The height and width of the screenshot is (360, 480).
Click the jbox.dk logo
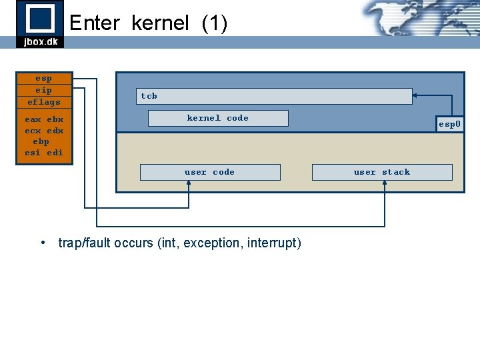(40, 24)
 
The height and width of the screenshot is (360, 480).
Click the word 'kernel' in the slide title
(161, 24)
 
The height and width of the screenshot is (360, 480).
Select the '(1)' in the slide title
(214, 24)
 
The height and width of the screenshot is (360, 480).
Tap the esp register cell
(44, 78)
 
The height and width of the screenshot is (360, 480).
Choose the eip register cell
(44, 90)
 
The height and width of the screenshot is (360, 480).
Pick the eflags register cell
(44, 102)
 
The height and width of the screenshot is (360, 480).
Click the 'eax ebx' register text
(44, 120)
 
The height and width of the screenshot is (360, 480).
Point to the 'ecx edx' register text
(44, 131)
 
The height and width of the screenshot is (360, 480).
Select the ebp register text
(41, 141)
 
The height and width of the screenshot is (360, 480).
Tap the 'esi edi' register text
(44, 153)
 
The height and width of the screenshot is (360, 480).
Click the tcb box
(274, 96)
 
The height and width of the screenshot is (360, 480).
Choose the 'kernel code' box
(218, 118)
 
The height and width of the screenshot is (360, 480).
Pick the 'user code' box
(210, 172)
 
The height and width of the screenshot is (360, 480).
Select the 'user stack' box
(382, 172)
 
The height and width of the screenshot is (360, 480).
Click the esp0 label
(449, 124)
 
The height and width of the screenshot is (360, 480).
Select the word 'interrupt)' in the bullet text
(274, 243)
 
